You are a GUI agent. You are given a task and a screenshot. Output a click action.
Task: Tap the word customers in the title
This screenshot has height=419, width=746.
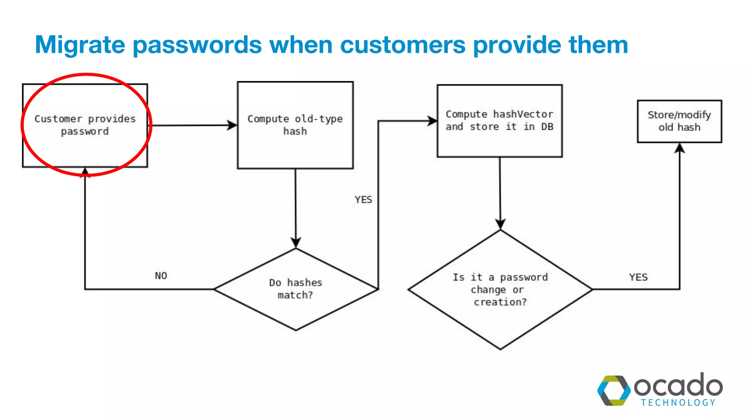pos(403,45)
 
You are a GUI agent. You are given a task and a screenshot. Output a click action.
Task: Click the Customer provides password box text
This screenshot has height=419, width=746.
pos(85,125)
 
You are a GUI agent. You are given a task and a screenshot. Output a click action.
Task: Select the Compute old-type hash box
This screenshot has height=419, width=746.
pos(295,125)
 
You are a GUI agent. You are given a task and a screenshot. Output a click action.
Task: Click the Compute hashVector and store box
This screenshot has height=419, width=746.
pos(499,121)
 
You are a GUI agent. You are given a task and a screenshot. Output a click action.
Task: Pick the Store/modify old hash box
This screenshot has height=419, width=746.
pos(679,121)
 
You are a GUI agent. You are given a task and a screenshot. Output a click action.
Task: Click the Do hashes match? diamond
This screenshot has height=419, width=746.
pos(295,289)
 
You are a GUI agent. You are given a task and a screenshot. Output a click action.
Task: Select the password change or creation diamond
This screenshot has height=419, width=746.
pos(500,290)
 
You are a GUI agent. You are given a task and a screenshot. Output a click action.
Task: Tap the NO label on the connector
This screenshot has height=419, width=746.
pos(161,276)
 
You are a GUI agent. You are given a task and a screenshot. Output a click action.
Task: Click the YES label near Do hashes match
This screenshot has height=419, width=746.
pos(363,200)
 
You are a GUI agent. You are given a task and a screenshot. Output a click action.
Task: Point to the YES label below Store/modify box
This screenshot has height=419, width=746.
pos(638,277)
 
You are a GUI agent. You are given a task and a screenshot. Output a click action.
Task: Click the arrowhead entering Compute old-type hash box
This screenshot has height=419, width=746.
pos(232,125)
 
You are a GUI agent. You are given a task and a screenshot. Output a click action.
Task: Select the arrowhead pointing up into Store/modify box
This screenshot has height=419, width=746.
pos(680,148)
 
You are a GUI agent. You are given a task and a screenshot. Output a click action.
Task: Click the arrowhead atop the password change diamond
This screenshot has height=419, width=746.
pos(500,224)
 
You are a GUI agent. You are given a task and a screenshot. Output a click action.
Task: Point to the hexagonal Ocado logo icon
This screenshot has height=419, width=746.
pos(614,391)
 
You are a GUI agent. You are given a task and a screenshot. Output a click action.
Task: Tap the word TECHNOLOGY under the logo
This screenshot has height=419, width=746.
pos(678,403)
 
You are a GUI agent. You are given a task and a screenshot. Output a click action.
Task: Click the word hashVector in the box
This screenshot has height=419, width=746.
pos(523,114)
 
